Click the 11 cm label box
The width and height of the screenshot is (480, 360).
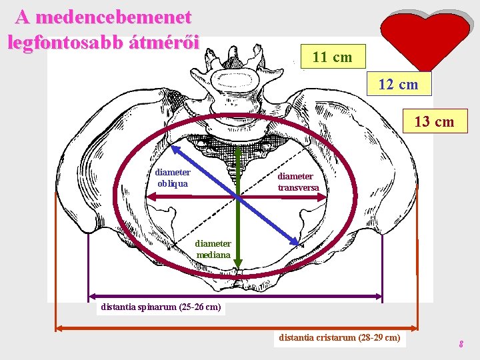(333, 57)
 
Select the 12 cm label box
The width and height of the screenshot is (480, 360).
(399, 85)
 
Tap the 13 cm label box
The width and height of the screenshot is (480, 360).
(434, 121)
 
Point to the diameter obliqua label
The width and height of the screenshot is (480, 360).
(172, 177)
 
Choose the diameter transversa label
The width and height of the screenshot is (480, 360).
(298, 182)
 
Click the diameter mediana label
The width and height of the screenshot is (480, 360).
(213, 249)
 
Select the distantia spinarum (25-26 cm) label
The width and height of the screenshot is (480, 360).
(160, 307)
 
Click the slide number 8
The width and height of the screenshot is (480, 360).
(461, 345)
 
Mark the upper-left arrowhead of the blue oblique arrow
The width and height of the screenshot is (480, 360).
(175, 149)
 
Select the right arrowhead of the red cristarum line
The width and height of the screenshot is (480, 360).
(414, 327)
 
